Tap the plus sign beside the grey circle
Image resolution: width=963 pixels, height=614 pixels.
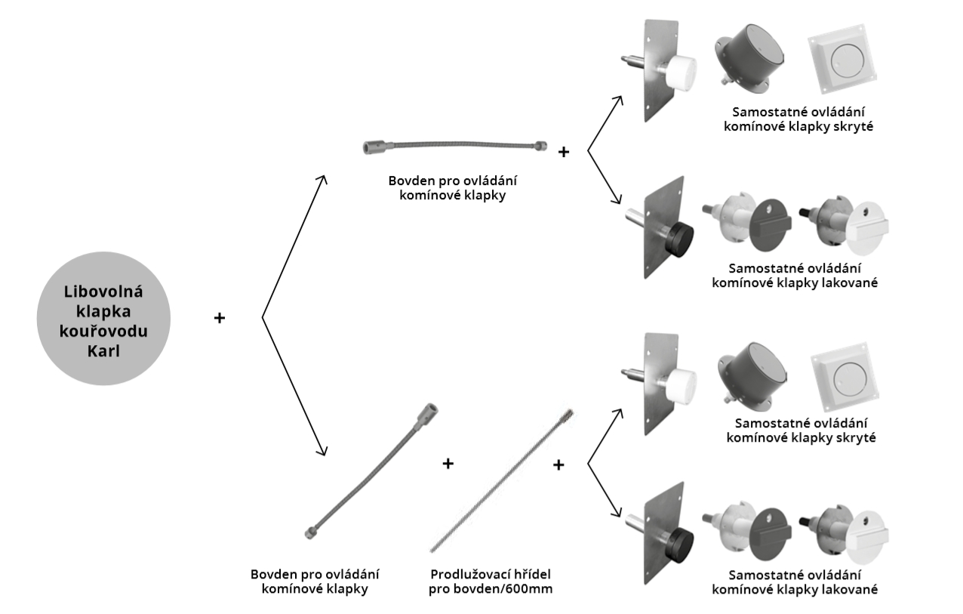pos(220,319)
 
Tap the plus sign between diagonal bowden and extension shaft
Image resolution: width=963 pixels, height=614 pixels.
pos(448,463)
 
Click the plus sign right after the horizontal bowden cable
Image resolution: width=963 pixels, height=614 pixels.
pos(563,153)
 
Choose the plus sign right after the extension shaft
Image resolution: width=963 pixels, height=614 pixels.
pos(558,464)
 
